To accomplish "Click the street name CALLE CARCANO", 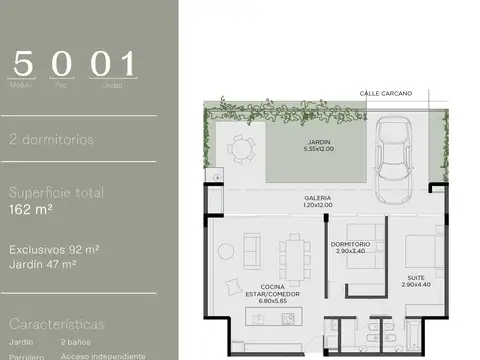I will coord(386,93).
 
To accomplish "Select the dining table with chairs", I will coord(295,251).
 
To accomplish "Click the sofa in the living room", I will coord(252,247).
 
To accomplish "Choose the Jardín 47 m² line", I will coord(43,264).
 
